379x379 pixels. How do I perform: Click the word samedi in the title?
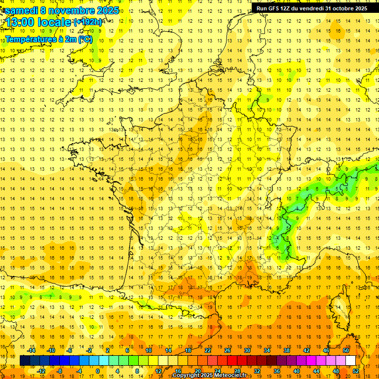(x=21, y=10)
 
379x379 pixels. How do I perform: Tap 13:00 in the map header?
(x=20, y=22)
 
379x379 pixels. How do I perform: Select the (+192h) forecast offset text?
(x=88, y=22)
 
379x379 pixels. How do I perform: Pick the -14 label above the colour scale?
(x=32, y=350)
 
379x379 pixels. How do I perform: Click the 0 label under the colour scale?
(x=98, y=371)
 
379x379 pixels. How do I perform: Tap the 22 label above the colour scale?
(x=208, y=350)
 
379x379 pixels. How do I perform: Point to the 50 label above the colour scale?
(x=345, y=350)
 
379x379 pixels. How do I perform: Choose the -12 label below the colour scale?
(x=41, y=371)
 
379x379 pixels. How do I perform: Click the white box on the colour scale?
(x=350, y=361)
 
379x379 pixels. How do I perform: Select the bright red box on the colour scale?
(x=232, y=361)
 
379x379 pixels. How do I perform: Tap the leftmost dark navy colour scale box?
(x=25, y=361)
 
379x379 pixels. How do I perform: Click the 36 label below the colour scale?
(x=277, y=371)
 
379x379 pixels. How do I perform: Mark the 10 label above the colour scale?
(x=148, y=350)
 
